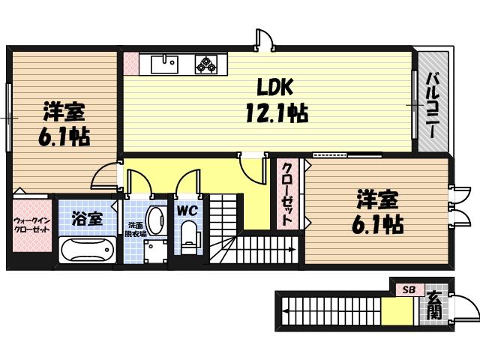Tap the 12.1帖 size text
274,113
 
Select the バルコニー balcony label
433,103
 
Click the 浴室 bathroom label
86,218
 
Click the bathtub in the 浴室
86,250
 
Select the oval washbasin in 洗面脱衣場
154,221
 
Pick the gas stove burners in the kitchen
207,64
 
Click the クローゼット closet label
287,193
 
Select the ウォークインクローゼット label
31,224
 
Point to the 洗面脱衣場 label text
135,229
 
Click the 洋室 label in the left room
64,113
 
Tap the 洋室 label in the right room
377,200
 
